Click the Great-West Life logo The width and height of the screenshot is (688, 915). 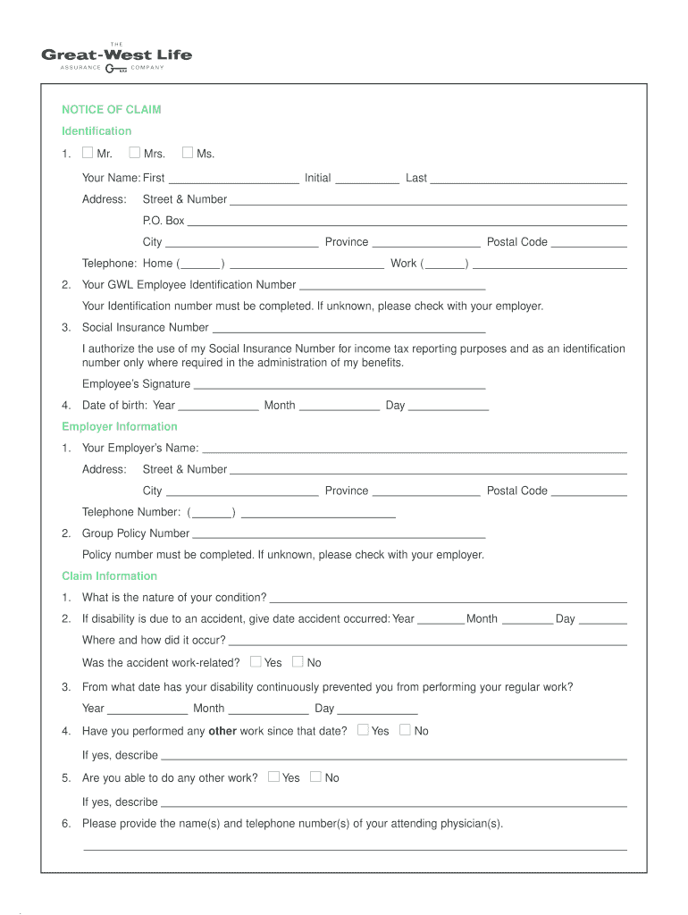coord(116,57)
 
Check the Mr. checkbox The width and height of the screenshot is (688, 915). coord(88,153)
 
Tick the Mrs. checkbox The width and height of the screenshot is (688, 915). coord(134,153)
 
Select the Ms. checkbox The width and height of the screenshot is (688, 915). coord(188,153)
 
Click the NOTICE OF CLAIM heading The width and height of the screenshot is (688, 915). coord(111,110)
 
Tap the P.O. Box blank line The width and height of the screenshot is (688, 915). coord(407,224)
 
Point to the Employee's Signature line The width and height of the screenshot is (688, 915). coord(340,388)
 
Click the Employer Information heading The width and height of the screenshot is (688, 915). coord(119,427)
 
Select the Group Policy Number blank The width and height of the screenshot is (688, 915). coord(339,537)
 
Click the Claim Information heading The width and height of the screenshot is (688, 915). coord(109,576)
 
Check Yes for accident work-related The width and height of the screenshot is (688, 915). coord(256,661)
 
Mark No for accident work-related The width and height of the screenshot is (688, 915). coord(298,661)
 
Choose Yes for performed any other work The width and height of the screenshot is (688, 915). coord(363,729)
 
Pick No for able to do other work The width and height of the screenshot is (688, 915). coord(315,776)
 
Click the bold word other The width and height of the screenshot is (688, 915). coord(222,731)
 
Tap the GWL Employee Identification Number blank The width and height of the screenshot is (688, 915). coord(392,289)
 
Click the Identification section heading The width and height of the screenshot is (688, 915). coord(96,131)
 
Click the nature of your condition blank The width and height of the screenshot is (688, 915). coord(448,601)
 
